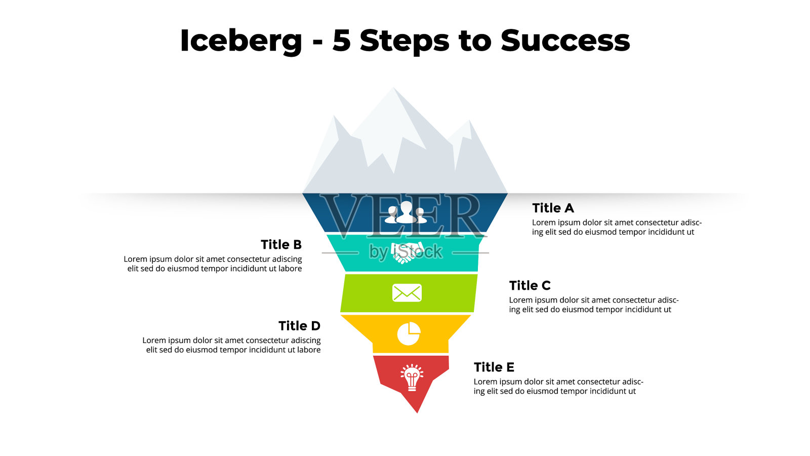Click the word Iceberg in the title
[x=241, y=41]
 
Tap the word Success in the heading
[x=565, y=41]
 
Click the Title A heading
[x=553, y=208]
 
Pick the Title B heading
[x=281, y=245]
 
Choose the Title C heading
[x=530, y=286]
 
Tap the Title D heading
[x=299, y=326]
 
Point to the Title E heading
[x=494, y=367]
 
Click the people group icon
[x=406, y=212]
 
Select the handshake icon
[x=407, y=252]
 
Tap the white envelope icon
[x=407, y=293]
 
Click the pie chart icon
[x=409, y=333]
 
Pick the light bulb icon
[x=412, y=377]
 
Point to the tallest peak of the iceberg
[x=393, y=88]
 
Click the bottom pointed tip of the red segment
[x=417, y=412]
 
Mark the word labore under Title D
[x=308, y=350]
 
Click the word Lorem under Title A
[x=544, y=222]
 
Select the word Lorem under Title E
[x=485, y=382]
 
